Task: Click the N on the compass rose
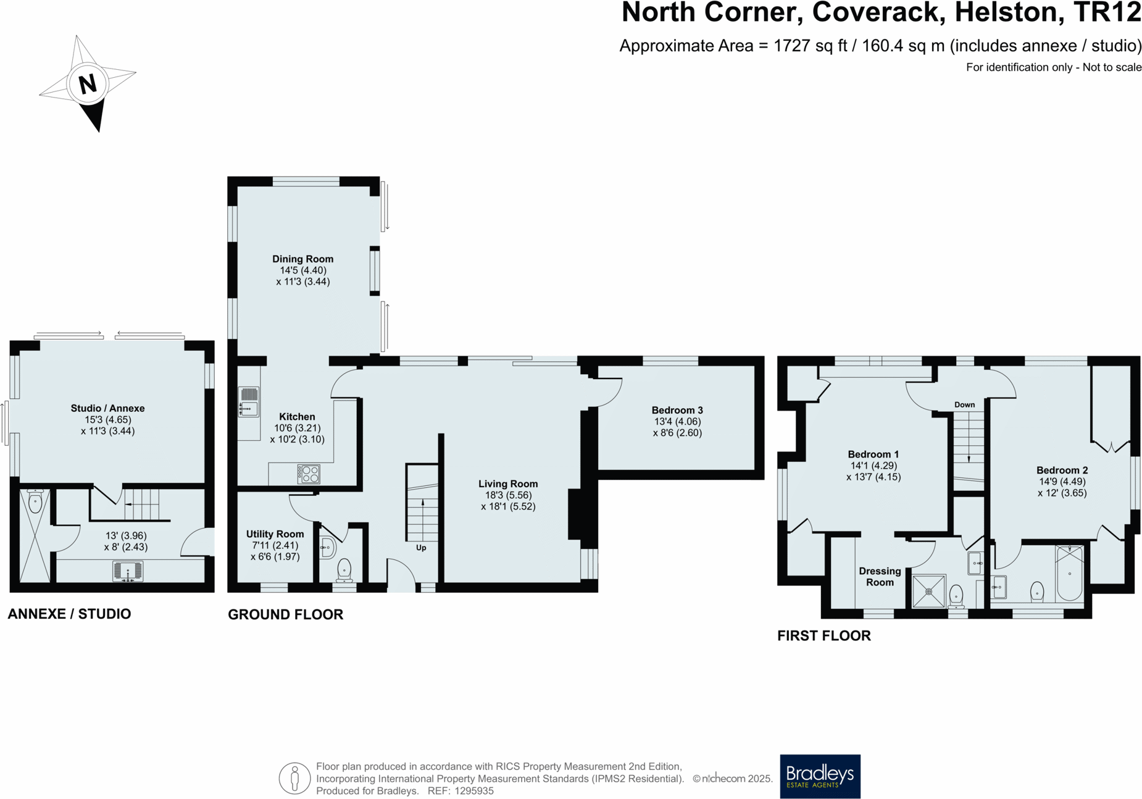point(88,83)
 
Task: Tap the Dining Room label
point(302,259)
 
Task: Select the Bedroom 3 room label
point(677,410)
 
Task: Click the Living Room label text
point(508,484)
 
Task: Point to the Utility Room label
point(275,534)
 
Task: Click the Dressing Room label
point(880,577)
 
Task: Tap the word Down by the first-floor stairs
point(964,405)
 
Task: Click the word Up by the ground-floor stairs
point(421,548)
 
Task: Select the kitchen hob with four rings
point(309,474)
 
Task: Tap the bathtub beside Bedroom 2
point(1069,574)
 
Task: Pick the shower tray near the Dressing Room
point(928,591)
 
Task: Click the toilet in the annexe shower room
point(35,501)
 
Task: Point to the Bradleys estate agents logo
point(820,776)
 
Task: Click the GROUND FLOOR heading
point(285,614)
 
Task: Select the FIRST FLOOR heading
point(823,636)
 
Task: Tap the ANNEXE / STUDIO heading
point(69,614)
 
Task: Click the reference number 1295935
point(473,791)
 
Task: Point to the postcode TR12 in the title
point(1107,13)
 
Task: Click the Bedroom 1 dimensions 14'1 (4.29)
point(873,466)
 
